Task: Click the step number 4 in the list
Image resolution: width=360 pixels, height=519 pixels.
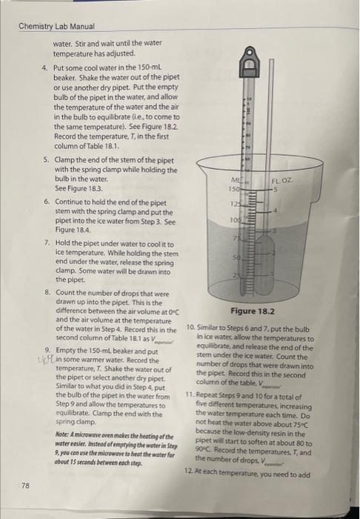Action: [45, 67]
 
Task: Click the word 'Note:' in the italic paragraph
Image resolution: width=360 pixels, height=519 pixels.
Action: [63, 434]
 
